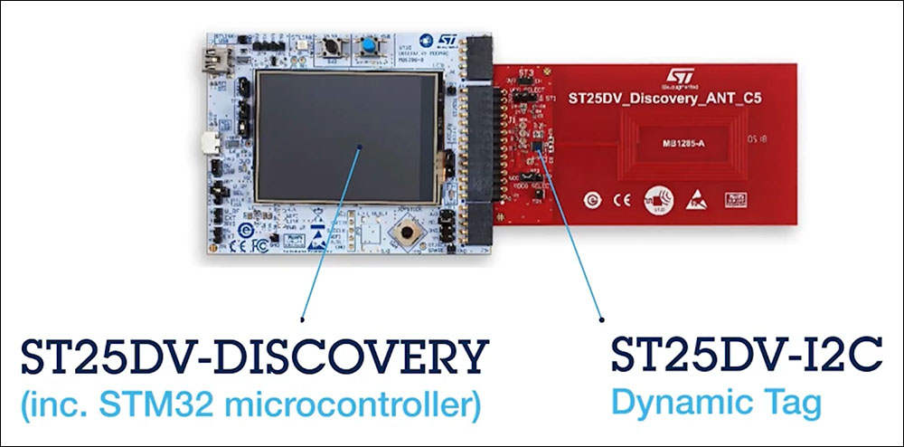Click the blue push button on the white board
pos(370,47)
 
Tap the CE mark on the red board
pos(619,197)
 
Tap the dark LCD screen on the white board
pos(349,136)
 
